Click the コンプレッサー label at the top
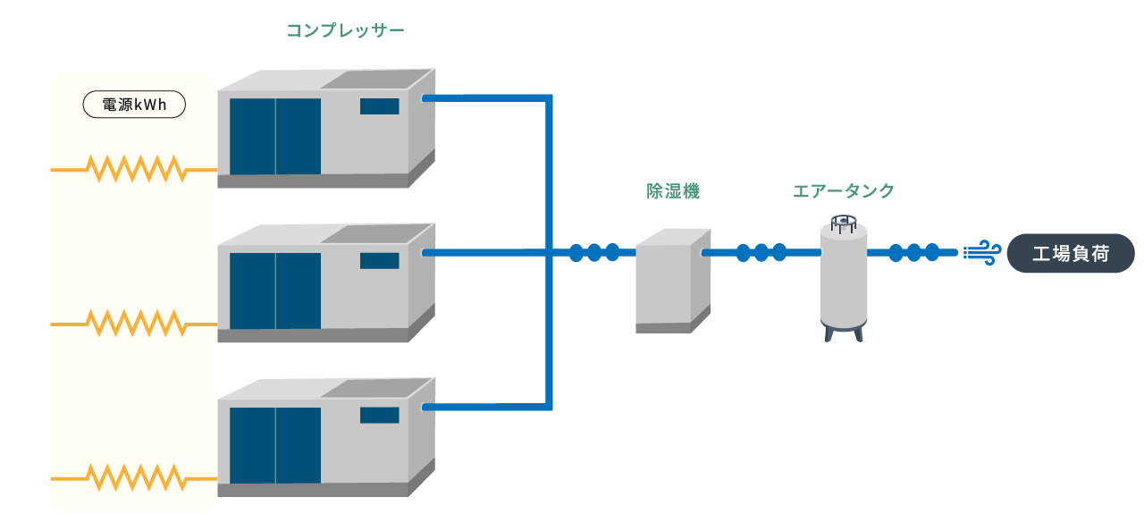click(345, 31)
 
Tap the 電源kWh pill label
click(134, 105)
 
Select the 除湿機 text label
click(672, 190)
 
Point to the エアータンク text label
click(843, 190)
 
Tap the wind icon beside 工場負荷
click(981, 253)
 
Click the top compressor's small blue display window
click(379, 106)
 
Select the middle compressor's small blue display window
click(379, 261)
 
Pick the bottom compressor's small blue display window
click(379, 415)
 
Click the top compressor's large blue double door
click(275, 136)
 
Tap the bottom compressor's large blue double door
click(275, 445)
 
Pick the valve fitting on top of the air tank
click(842, 222)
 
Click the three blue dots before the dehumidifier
click(593, 253)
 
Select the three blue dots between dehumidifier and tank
click(761, 253)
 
